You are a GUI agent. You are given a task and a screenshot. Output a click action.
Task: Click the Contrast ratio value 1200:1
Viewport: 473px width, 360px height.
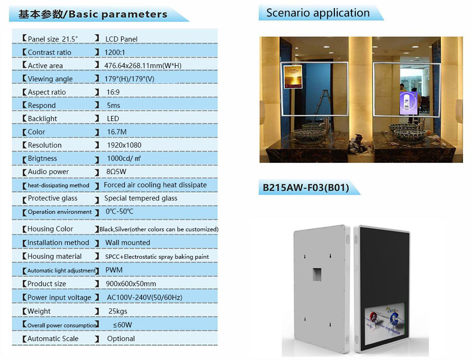(115, 53)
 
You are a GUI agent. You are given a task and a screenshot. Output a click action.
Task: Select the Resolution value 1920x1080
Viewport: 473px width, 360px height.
(124, 145)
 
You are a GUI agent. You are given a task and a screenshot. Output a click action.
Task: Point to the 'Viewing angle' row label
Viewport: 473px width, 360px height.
(50, 79)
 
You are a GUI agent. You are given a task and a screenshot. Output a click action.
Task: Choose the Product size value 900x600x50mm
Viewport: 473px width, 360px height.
(131, 284)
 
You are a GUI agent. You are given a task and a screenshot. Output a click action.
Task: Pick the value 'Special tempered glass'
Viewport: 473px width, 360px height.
(140, 198)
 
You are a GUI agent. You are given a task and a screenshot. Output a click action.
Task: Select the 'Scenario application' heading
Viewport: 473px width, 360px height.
(318, 13)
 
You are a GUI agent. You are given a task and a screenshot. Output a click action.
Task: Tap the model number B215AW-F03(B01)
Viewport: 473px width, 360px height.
(306, 188)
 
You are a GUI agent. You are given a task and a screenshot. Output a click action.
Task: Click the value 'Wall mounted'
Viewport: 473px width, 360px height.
(127, 243)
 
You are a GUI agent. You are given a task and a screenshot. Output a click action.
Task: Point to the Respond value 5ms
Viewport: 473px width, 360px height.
(114, 105)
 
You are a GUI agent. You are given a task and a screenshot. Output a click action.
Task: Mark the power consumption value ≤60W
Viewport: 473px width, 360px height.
(123, 325)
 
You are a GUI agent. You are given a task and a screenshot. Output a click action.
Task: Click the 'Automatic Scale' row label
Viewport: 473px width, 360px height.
(53, 339)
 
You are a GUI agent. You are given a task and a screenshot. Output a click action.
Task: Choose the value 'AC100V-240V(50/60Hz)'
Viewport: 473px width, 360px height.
(144, 298)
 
